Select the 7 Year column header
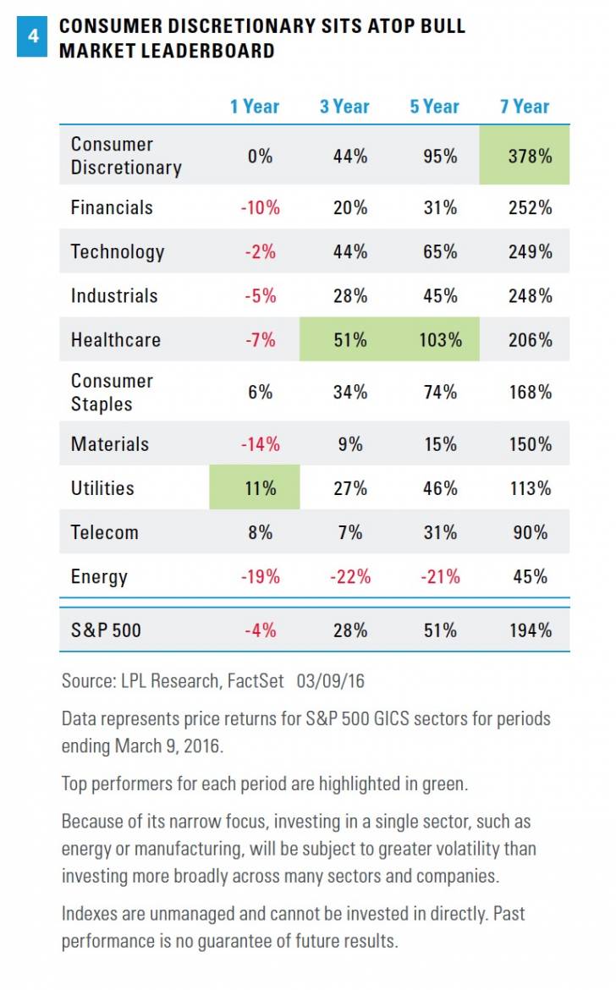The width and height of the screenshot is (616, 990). coord(525,107)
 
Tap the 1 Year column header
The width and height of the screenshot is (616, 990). coord(254,107)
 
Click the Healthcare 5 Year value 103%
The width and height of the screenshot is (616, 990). coord(440,340)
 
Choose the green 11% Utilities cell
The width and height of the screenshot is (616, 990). coord(255,488)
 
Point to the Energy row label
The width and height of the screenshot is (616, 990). coord(99,577)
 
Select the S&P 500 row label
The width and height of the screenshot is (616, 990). coord(106,630)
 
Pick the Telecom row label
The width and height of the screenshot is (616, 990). coord(105,532)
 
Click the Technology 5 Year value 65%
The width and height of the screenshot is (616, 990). coord(440,251)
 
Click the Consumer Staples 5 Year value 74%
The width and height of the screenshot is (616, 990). coord(440,392)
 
